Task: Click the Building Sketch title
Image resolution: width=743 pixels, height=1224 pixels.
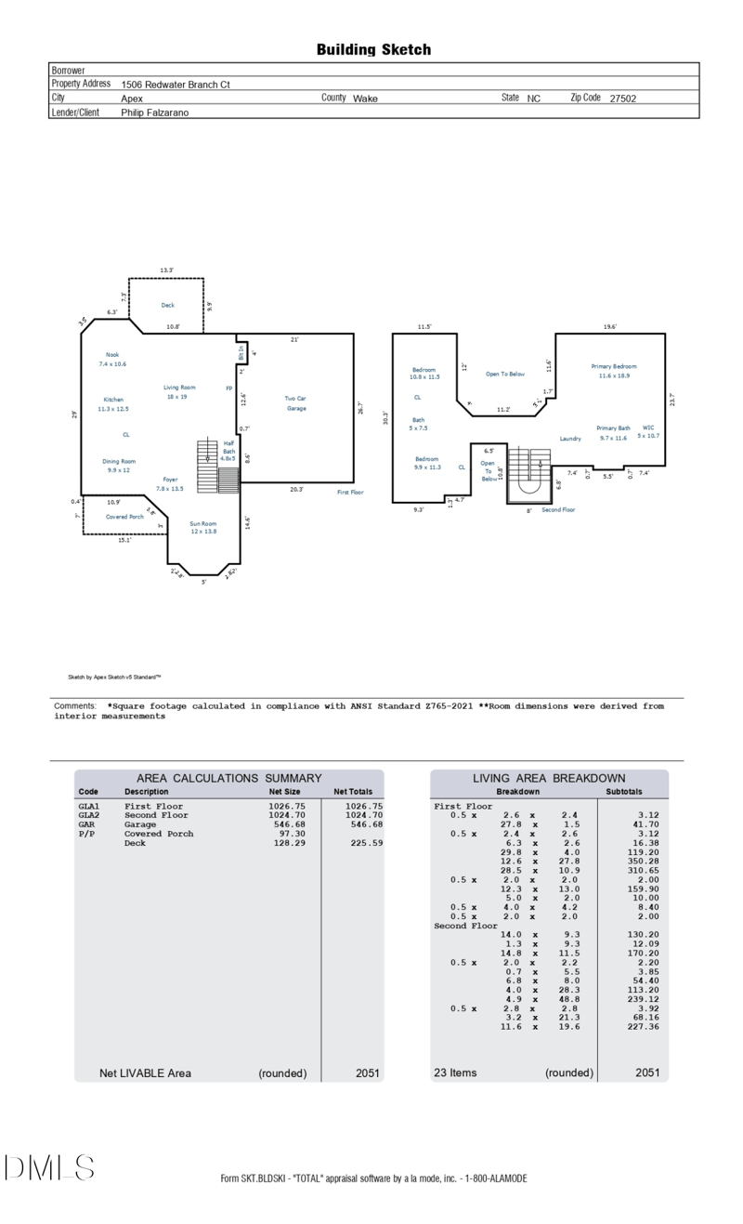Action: pos(373,50)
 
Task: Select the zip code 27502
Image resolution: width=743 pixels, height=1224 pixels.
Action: pos(622,99)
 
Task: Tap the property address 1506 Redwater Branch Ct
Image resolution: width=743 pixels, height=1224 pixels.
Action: pos(176,85)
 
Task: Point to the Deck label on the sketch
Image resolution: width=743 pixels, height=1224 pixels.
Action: pos(167,305)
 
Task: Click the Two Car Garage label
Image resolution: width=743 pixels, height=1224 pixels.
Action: pos(295,403)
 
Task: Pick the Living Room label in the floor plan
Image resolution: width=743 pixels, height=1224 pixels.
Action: pos(180,391)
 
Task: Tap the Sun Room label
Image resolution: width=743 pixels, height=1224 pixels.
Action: pos(203,527)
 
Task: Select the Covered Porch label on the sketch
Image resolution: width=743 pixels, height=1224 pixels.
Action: pos(124,517)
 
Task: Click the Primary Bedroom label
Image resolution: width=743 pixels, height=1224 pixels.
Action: pos(614,371)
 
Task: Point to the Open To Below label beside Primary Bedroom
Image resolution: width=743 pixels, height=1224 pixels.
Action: pos(505,375)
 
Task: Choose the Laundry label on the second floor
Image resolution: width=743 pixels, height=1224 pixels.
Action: pos(570,439)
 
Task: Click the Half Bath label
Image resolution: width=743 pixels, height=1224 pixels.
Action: pos(228,451)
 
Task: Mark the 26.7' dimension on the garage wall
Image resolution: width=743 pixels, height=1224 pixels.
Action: pos(359,407)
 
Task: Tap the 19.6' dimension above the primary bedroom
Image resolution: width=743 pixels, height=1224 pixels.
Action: pos(609,327)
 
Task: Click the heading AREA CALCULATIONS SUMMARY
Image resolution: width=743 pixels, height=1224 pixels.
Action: pos(228,778)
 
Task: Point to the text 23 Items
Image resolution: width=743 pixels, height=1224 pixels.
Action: pos(455,1073)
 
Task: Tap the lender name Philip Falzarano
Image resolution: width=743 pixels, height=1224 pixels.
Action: pos(156,112)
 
